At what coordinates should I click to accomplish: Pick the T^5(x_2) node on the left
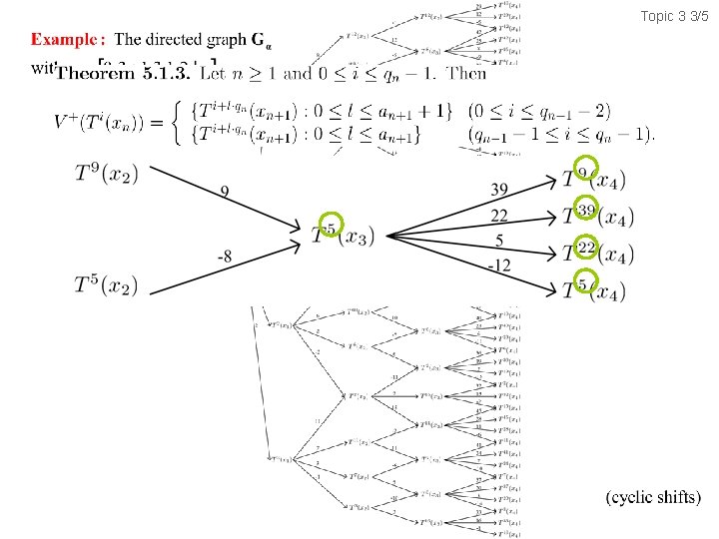[x=107, y=285]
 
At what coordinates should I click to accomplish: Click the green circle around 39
[x=586, y=210]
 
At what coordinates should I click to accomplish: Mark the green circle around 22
[x=586, y=247]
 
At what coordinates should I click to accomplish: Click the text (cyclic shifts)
[x=654, y=497]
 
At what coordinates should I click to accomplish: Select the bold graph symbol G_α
[x=261, y=41]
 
